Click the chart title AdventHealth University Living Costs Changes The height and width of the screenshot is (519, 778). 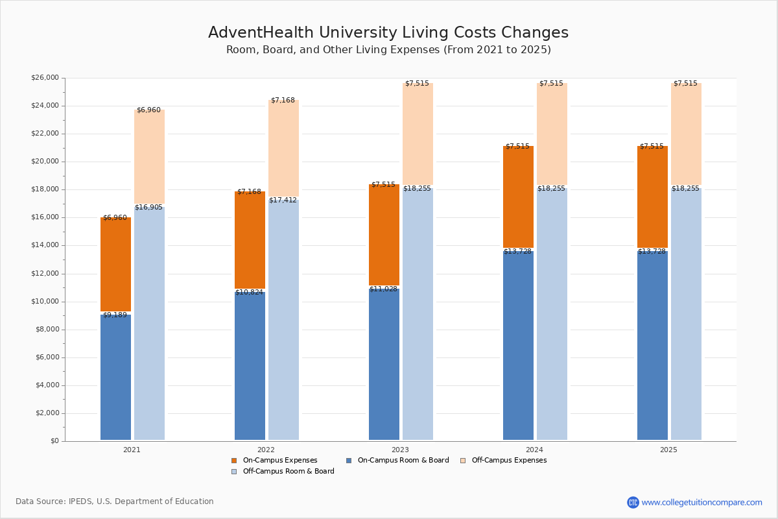click(388, 33)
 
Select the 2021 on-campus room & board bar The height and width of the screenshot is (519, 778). click(115, 376)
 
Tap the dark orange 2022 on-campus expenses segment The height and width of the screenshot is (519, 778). click(250, 240)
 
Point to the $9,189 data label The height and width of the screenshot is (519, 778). click(115, 315)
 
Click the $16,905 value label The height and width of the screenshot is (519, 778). click(148, 208)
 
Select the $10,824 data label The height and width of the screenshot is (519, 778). click(249, 293)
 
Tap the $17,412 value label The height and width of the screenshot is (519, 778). click(283, 200)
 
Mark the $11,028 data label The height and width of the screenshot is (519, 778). click(383, 289)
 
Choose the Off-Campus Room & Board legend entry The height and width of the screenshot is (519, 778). click(288, 472)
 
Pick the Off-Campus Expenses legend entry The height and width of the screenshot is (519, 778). click(508, 461)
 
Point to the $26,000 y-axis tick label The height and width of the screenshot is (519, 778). click(45, 78)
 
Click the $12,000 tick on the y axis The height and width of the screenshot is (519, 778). click(45, 274)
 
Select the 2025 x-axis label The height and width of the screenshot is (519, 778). click(668, 450)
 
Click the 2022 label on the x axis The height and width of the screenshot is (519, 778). click(266, 450)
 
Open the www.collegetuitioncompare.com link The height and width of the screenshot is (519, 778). click(701, 502)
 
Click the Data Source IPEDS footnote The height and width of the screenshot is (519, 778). click(115, 501)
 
